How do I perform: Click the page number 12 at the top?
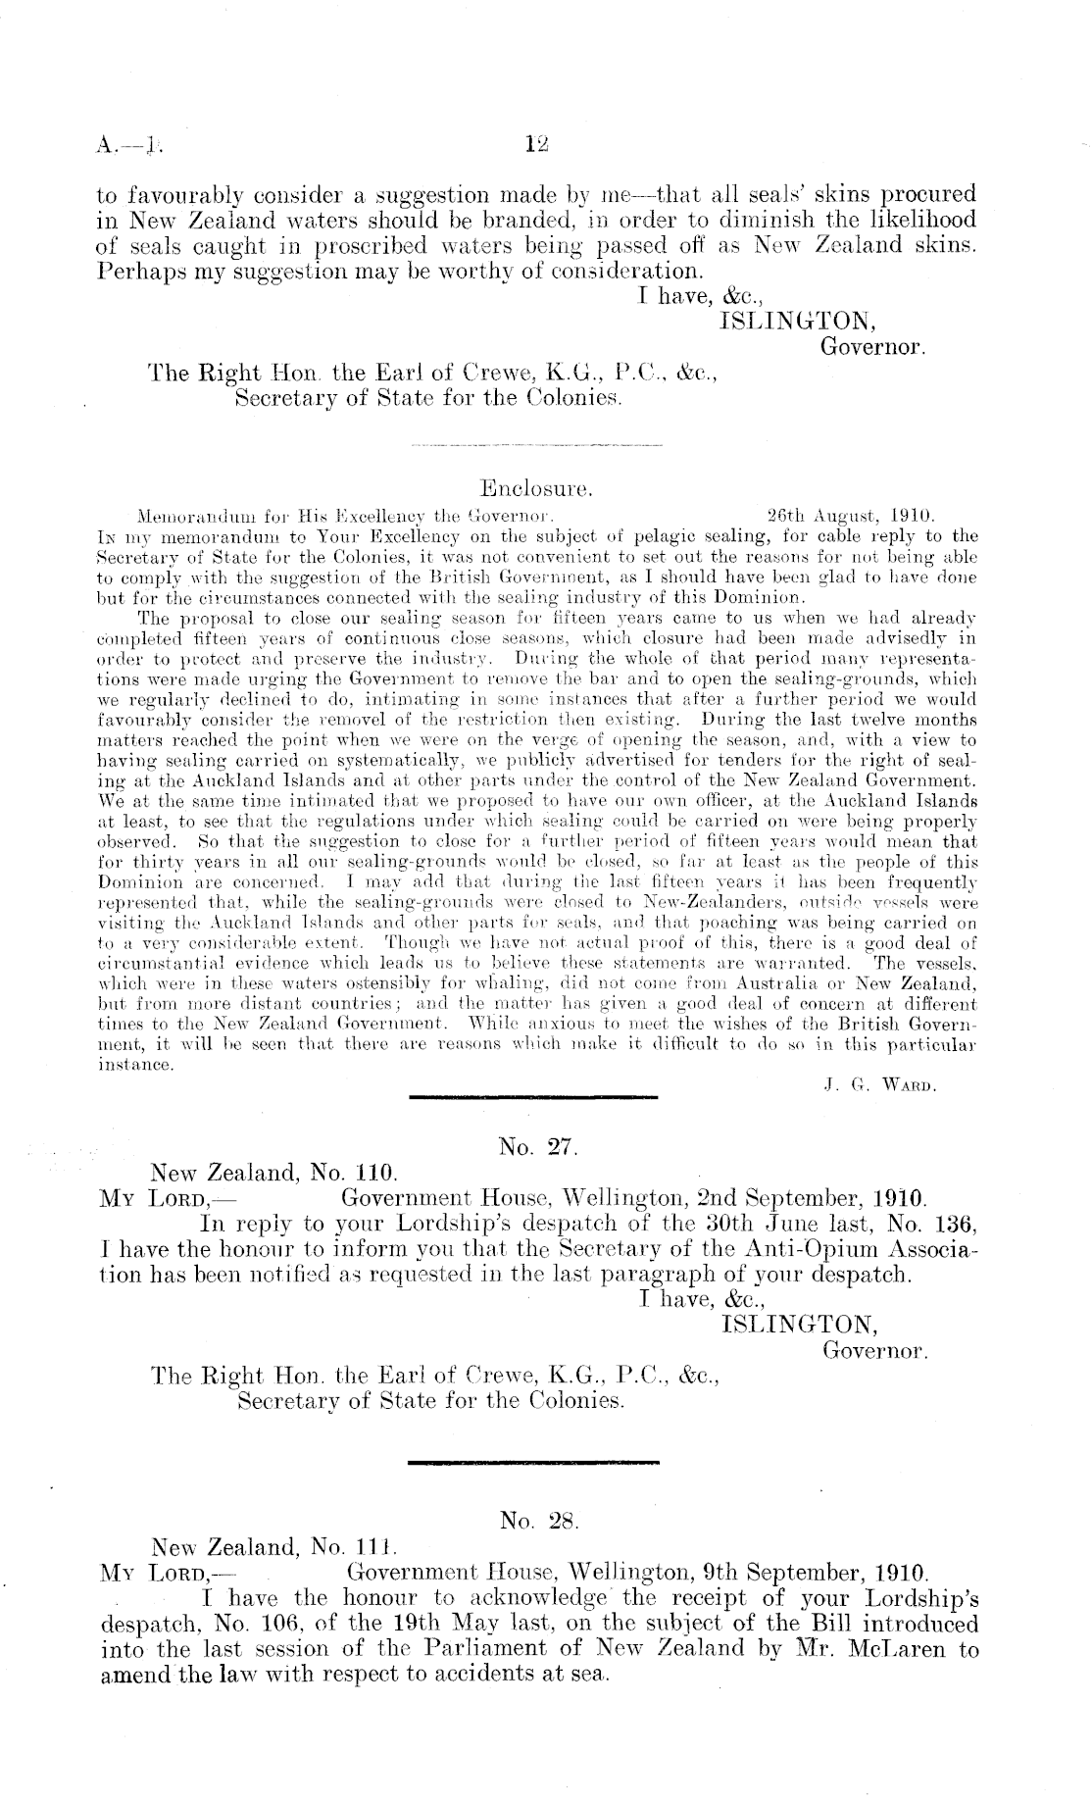(535, 145)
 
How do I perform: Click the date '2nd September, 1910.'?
(812, 1198)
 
